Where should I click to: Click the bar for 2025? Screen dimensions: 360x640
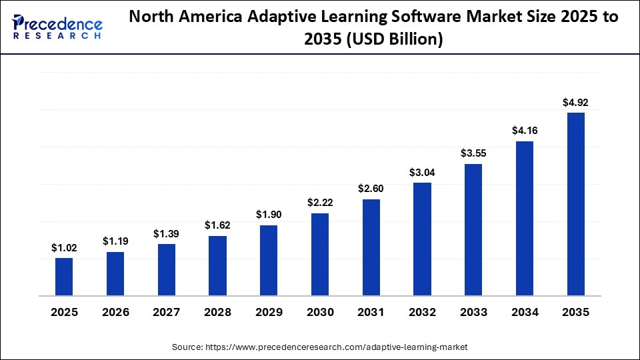click(64, 277)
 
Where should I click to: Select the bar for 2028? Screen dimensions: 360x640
click(217, 265)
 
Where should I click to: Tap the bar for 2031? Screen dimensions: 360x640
click(371, 247)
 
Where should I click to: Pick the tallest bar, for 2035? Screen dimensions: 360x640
click(575, 204)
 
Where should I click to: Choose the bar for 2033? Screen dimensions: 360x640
click(473, 229)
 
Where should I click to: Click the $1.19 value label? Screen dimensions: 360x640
click(115, 241)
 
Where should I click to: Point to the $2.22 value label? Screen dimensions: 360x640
click(320, 202)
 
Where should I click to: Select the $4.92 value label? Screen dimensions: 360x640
click(575, 102)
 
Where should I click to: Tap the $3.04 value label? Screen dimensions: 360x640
click(422, 172)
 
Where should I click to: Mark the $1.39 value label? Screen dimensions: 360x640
click(167, 233)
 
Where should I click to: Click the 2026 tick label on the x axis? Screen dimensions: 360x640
click(115, 312)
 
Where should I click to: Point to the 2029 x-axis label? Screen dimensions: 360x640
click(269, 312)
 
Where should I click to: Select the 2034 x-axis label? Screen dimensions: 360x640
click(525, 312)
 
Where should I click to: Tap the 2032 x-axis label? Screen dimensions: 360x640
click(422, 312)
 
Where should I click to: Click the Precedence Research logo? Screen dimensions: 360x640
click(57, 27)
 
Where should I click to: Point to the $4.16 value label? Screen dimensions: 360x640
click(525, 131)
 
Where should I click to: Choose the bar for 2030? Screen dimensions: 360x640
click(320, 254)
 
